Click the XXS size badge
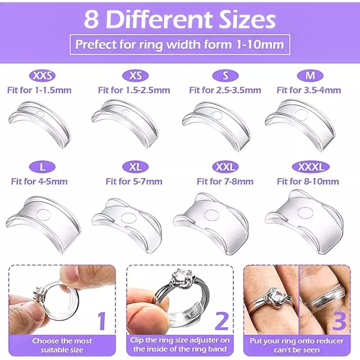pos(42,76)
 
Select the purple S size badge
pos(225,76)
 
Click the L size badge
pos(42,167)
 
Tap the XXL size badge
pos(225,167)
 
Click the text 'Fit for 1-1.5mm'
pos(39,90)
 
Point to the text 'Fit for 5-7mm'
pos(134,181)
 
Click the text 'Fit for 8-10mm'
pos(308,181)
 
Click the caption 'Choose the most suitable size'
pos(62,345)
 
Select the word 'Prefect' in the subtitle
pos(94,45)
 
